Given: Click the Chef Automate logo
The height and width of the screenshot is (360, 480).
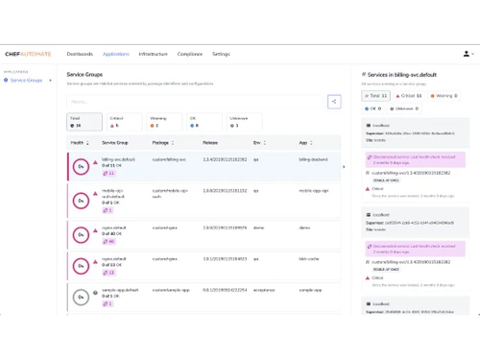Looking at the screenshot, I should coord(28,54).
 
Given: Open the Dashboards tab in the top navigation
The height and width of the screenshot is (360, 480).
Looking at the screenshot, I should coord(80,54).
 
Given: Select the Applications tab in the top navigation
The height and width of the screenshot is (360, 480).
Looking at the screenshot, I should coord(115,54).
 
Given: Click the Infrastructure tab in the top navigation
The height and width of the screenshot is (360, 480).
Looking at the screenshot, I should coord(154,54).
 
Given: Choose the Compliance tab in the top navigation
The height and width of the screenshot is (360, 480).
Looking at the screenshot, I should coord(190,54).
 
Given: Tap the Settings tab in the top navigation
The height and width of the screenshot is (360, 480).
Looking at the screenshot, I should coord(221,54).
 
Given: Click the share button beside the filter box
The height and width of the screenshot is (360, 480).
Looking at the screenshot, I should coord(333,100).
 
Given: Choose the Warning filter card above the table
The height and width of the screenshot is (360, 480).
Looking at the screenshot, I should coord(165,121).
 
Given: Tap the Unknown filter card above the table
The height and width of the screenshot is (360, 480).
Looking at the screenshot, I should coord(245,121).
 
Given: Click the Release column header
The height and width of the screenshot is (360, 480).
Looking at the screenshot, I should coord(210,141).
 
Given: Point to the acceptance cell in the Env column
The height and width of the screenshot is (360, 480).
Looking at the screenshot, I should coord(260,289).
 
